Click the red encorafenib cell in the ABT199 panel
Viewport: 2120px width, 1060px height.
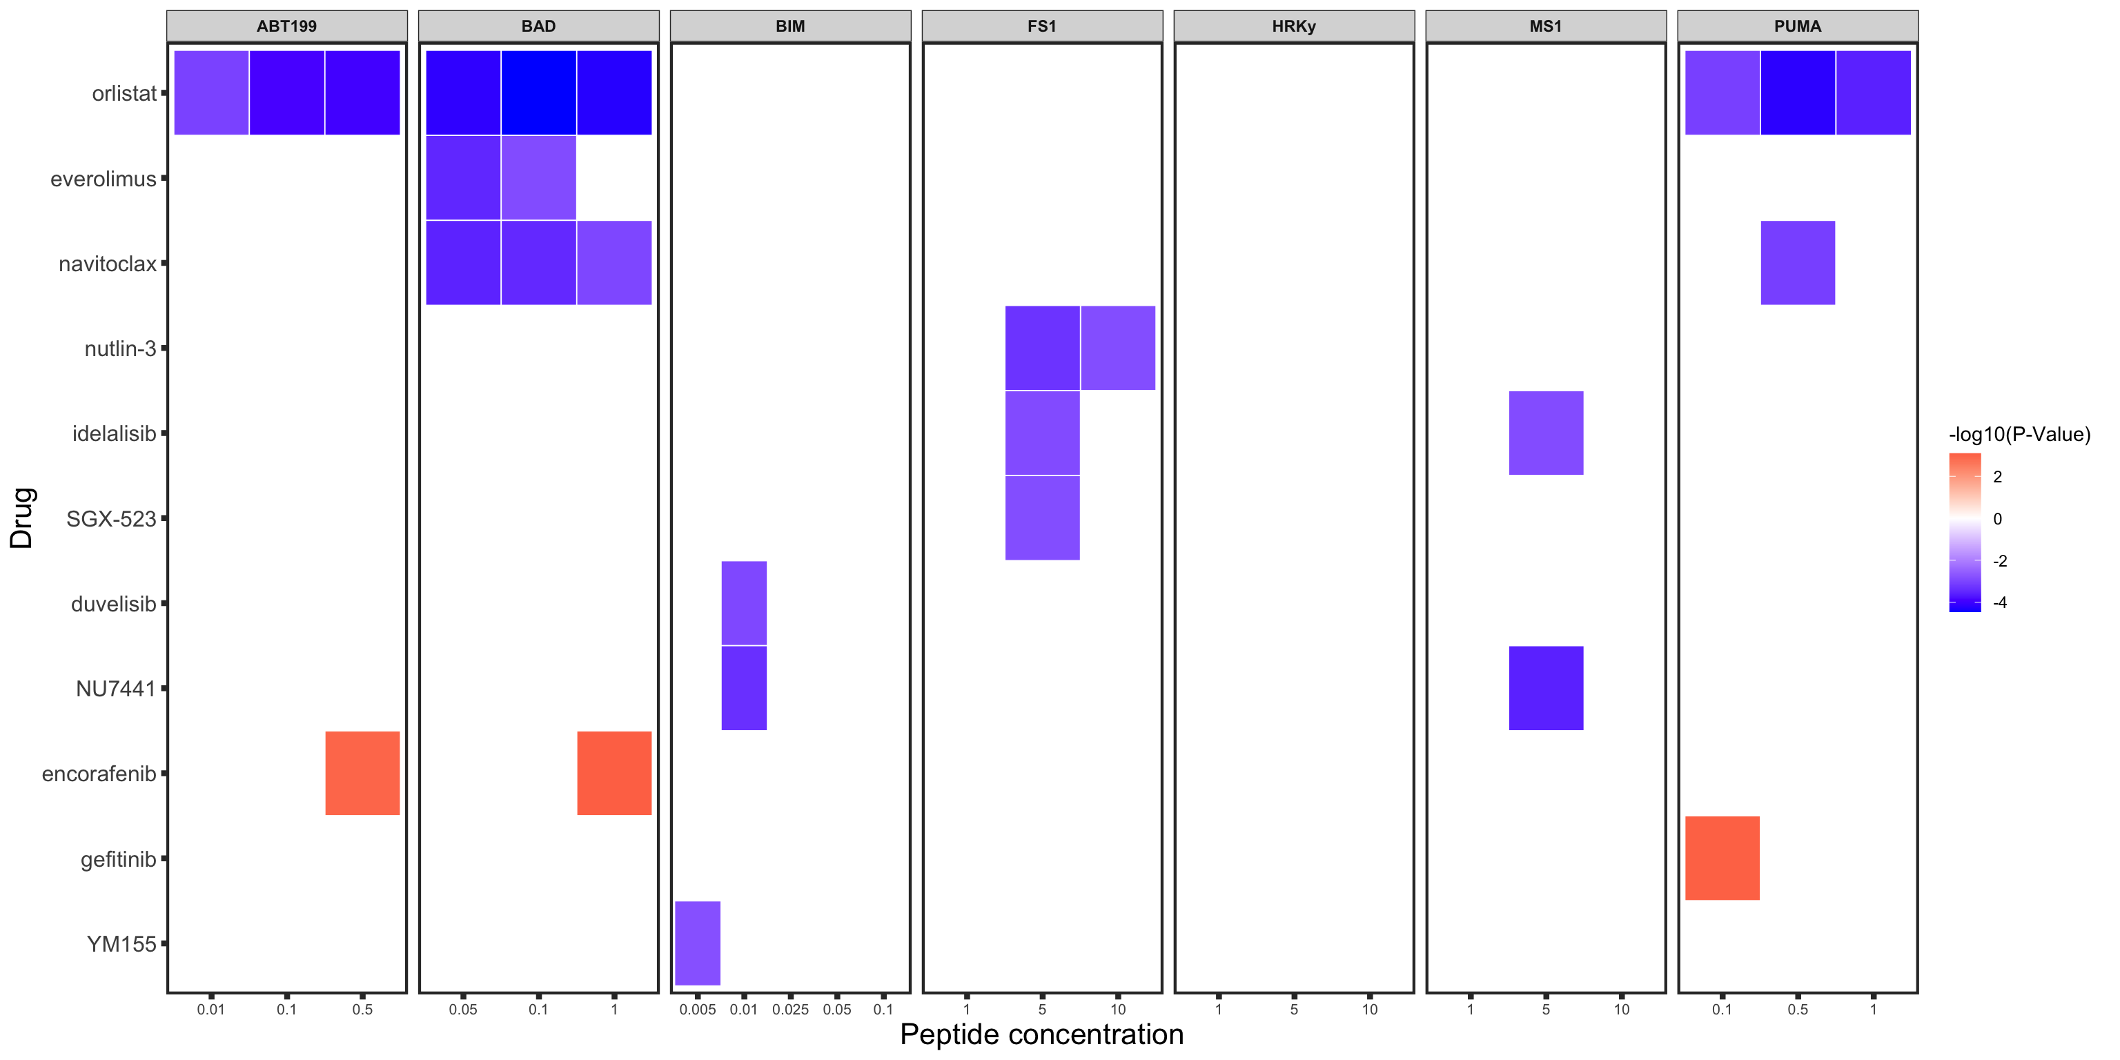(x=362, y=773)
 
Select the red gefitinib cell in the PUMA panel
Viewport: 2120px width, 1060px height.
(x=1722, y=858)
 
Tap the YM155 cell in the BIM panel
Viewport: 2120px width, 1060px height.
(x=697, y=943)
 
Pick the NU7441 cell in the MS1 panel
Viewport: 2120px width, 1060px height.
(x=1546, y=688)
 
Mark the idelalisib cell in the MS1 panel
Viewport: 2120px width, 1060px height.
(x=1546, y=433)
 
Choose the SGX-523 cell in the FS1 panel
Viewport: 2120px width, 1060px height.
(x=1042, y=518)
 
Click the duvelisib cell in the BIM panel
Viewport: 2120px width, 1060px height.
(x=744, y=602)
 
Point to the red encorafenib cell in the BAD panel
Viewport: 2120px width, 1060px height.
(x=614, y=773)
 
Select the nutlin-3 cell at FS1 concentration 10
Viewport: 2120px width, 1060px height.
(x=1117, y=347)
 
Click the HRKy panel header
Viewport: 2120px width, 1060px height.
(x=1294, y=26)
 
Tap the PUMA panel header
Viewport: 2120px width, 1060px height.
(x=1798, y=26)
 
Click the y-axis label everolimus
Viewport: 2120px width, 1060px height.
(x=103, y=179)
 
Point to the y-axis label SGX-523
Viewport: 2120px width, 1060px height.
(x=111, y=518)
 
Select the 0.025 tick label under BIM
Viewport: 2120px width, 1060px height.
(x=790, y=1010)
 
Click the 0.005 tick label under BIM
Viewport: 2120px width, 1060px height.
(x=697, y=1010)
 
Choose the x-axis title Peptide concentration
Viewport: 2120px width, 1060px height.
(x=1041, y=1034)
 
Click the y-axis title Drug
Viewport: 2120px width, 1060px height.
(x=21, y=518)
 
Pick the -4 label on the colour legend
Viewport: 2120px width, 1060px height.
(x=1999, y=603)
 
